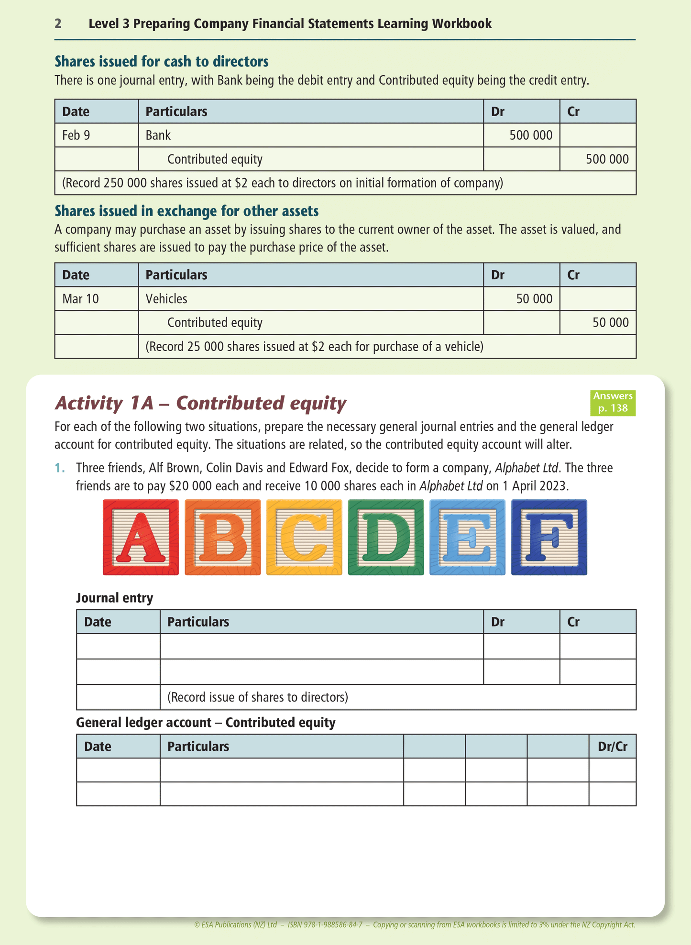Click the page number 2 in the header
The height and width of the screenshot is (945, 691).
coord(58,23)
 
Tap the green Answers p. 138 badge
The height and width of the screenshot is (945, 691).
coord(613,402)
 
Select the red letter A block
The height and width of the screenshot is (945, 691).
coord(141,537)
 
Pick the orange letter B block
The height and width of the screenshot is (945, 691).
coord(222,537)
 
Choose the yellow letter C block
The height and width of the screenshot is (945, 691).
coord(304,537)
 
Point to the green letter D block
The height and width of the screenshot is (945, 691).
coord(386,537)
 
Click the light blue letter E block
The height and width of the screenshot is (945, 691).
coord(467,537)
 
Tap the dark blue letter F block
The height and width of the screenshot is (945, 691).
coord(549,537)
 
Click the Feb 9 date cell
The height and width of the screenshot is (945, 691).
coord(76,135)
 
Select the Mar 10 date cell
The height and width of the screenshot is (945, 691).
coord(80,299)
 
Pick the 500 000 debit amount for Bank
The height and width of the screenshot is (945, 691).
coord(531,135)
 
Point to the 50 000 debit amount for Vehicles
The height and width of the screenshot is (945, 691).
coord(534,299)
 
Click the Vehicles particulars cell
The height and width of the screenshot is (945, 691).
coord(166,299)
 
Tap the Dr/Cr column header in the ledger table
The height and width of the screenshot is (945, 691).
coord(613,747)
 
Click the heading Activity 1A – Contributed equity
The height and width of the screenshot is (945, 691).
coord(200,403)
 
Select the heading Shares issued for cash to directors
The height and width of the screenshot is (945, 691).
coord(162,62)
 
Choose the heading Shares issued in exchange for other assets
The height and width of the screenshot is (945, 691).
coord(186,211)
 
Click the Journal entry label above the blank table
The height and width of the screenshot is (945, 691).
coord(115,598)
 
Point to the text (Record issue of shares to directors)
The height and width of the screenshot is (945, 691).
coord(258,697)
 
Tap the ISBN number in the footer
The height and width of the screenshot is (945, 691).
coord(325,924)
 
